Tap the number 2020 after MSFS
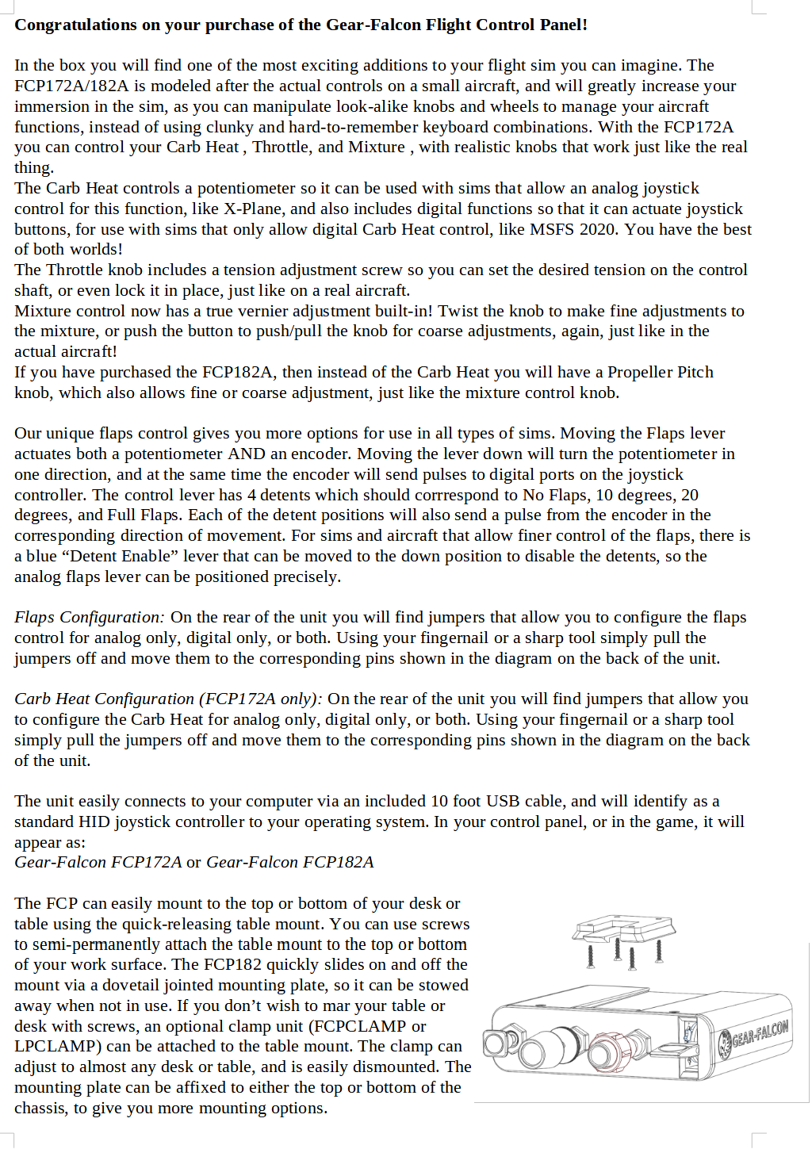[x=597, y=229]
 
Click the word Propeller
[x=619, y=373]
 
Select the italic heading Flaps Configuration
[x=89, y=618]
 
